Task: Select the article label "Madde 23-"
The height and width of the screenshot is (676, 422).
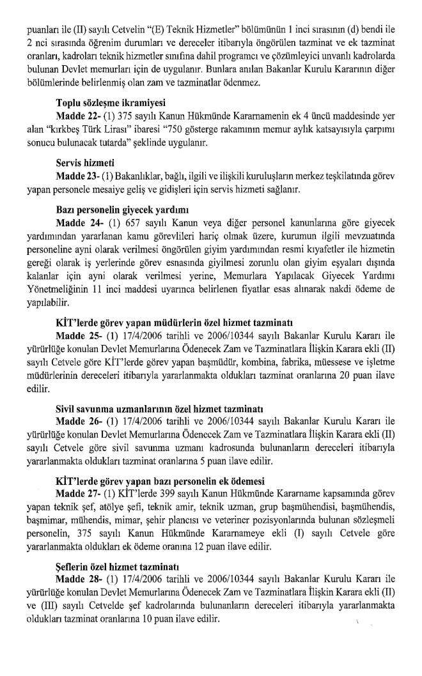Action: point(77,175)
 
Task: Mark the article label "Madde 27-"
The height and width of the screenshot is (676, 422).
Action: point(78,494)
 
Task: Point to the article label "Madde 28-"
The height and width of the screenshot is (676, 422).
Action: point(78,579)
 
